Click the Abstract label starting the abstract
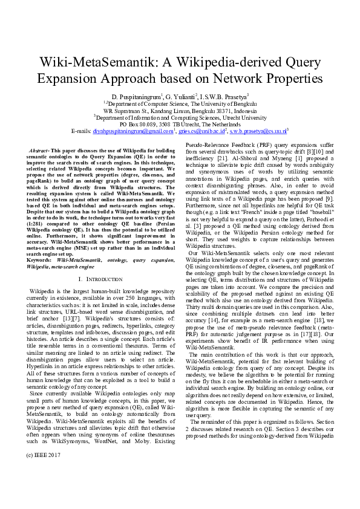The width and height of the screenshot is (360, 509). pos(41,149)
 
